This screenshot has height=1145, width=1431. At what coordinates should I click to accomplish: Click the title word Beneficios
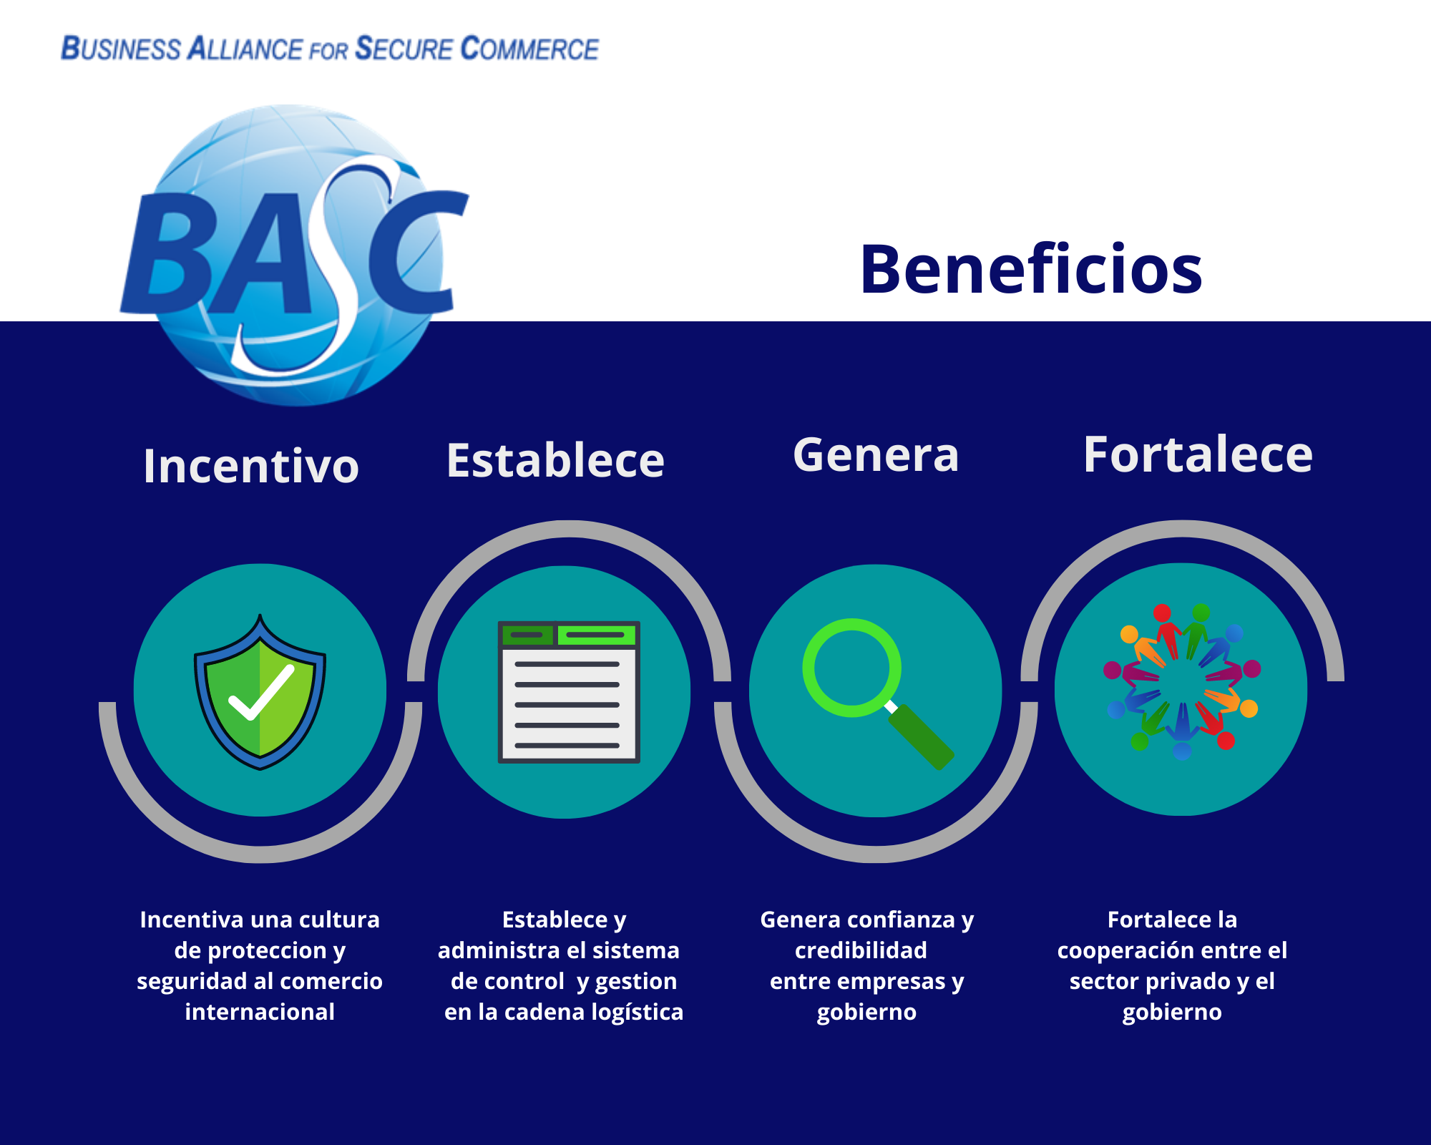click(x=1030, y=270)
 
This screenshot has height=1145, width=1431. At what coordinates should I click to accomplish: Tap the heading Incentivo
click(x=250, y=466)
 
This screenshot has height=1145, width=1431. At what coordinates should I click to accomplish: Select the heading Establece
click(x=555, y=460)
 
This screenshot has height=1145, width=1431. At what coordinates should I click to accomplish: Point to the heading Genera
click(x=876, y=455)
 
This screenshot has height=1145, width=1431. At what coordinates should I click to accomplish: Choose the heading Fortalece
click(x=1198, y=454)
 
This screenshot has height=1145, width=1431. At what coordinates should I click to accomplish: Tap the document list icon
click(x=568, y=692)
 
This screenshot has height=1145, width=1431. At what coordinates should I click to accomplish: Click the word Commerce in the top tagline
click(x=529, y=49)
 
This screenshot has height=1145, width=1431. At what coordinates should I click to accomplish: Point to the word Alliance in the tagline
click(x=245, y=49)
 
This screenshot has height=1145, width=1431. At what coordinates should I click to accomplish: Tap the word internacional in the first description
click(x=260, y=1012)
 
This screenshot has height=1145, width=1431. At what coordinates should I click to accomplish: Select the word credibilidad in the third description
click(x=861, y=950)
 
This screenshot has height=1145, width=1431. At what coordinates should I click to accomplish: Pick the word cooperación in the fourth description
click(x=1122, y=950)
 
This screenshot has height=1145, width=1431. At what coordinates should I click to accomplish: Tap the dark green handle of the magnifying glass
click(x=922, y=737)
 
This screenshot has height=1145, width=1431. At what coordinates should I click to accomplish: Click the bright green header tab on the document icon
click(x=596, y=634)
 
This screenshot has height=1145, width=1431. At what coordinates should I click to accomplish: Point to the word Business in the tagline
click(x=121, y=49)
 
